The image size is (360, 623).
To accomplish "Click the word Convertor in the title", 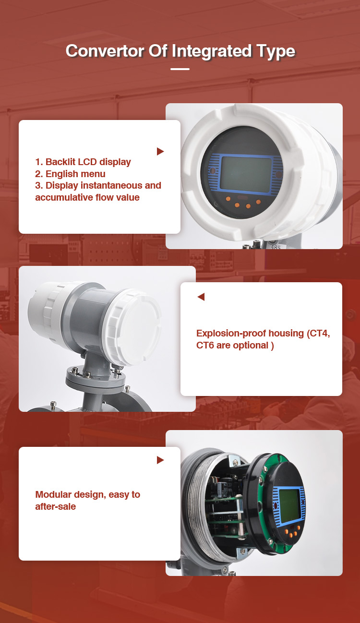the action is (105, 51).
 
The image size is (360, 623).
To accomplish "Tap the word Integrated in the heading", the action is (211, 52).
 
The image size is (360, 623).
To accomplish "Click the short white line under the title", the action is (180, 69).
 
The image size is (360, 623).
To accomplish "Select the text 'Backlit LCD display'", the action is (88, 162).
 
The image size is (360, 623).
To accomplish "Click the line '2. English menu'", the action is (71, 174).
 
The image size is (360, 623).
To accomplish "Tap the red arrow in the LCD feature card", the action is (160, 152).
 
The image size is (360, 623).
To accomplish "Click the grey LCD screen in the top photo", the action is (246, 173).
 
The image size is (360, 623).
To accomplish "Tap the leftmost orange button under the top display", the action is (228, 199).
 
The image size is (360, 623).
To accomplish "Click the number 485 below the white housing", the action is (276, 247).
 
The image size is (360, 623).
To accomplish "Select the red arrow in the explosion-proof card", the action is (201, 297).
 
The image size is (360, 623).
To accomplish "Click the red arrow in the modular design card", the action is (160, 460).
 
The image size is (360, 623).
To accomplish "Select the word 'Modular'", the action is (53, 494).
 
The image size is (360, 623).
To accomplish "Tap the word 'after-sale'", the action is (56, 506).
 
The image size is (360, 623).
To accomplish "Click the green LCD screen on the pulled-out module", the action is (289, 505).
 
